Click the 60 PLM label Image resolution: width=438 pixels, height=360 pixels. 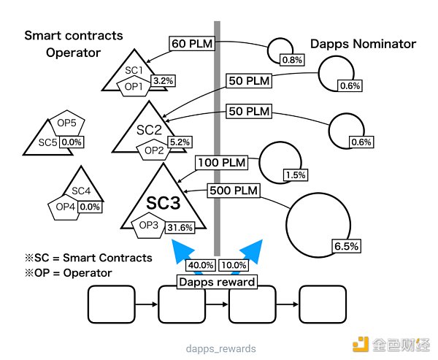pyautogui.click(x=191, y=45)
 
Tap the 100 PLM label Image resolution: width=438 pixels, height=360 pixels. pyautogui.click(x=221, y=162)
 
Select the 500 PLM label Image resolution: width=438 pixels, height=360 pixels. pyautogui.click(x=234, y=191)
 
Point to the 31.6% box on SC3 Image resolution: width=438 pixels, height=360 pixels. pyautogui.click(x=180, y=227)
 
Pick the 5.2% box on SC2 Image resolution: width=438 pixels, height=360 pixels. pyautogui.click(x=179, y=141)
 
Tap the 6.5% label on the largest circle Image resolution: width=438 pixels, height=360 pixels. pyautogui.click(x=346, y=246)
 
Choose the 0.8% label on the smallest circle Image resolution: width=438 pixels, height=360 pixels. pyautogui.click(x=291, y=59)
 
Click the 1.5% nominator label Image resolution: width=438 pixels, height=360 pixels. pyautogui.click(x=296, y=175)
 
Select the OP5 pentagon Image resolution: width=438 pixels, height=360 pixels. pyautogui.click(x=66, y=125)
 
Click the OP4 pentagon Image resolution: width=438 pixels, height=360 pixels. pyautogui.click(x=66, y=207)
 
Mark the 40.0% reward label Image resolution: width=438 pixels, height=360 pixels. pyautogui.click(x=200, y=265)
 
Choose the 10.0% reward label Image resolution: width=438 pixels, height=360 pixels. pyautogui.click(x=234, y=265)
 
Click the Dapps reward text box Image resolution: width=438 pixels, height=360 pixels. pyautogui.click(x=217, y=282)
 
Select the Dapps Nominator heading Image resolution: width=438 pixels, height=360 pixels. pyautogui.click(x=364, y=44)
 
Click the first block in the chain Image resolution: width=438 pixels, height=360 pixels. pyautogui.click(x=111, y=305)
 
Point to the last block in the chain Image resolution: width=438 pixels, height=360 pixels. pyautogui.click(x=323, y=305)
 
